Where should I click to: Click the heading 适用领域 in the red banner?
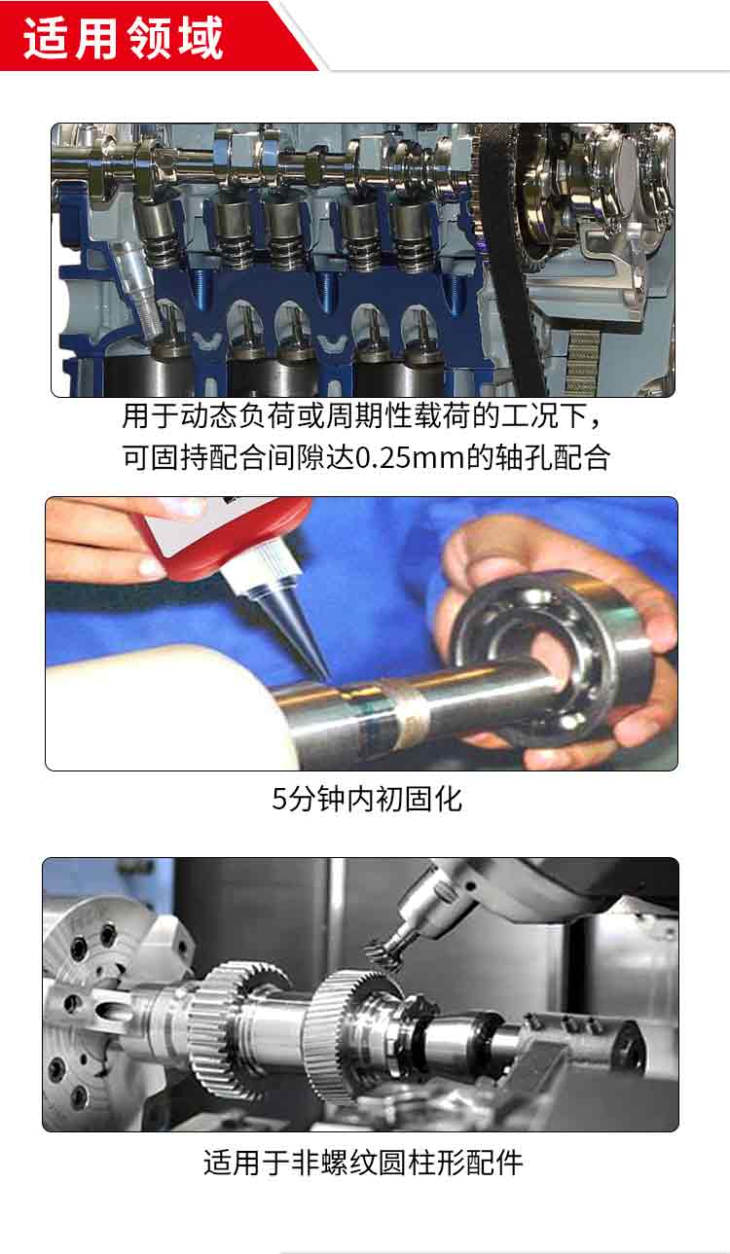pos(124,38)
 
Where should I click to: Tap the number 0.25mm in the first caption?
pos(411,458)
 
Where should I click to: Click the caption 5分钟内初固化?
pos(367,799)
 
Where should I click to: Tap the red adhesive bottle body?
pos(224,532)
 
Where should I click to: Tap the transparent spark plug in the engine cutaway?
pos(136,291)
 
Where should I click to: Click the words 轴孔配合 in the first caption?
pos(554,458)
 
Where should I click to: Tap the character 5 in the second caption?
pos(279,800)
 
